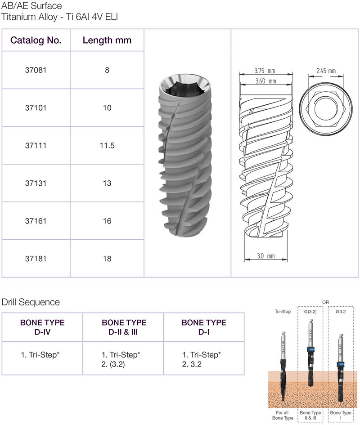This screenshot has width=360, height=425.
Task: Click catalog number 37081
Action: coord(36,70)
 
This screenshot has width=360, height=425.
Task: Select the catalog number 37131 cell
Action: coord(36,183)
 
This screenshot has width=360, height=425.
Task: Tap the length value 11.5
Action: coord(107,146)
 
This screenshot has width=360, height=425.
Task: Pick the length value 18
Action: coord(107,259)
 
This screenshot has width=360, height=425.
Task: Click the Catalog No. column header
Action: coord(36,40)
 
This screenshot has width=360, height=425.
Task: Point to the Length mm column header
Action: coord(107,40)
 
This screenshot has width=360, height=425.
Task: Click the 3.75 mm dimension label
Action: coord(265,71)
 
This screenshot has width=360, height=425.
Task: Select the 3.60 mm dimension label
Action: coord(266,81)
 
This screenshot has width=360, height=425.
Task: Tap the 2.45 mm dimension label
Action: coord(326,71)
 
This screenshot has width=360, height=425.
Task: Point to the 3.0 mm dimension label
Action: coord(266,256)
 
